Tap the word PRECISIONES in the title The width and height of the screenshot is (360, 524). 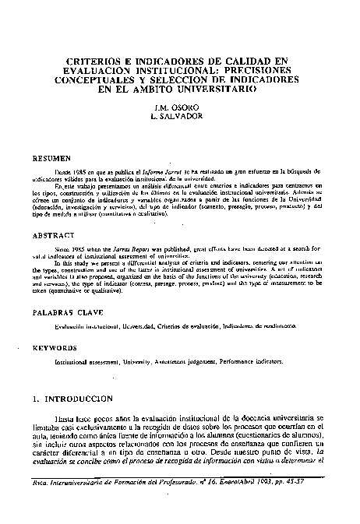251,70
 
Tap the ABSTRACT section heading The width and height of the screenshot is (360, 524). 53,233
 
